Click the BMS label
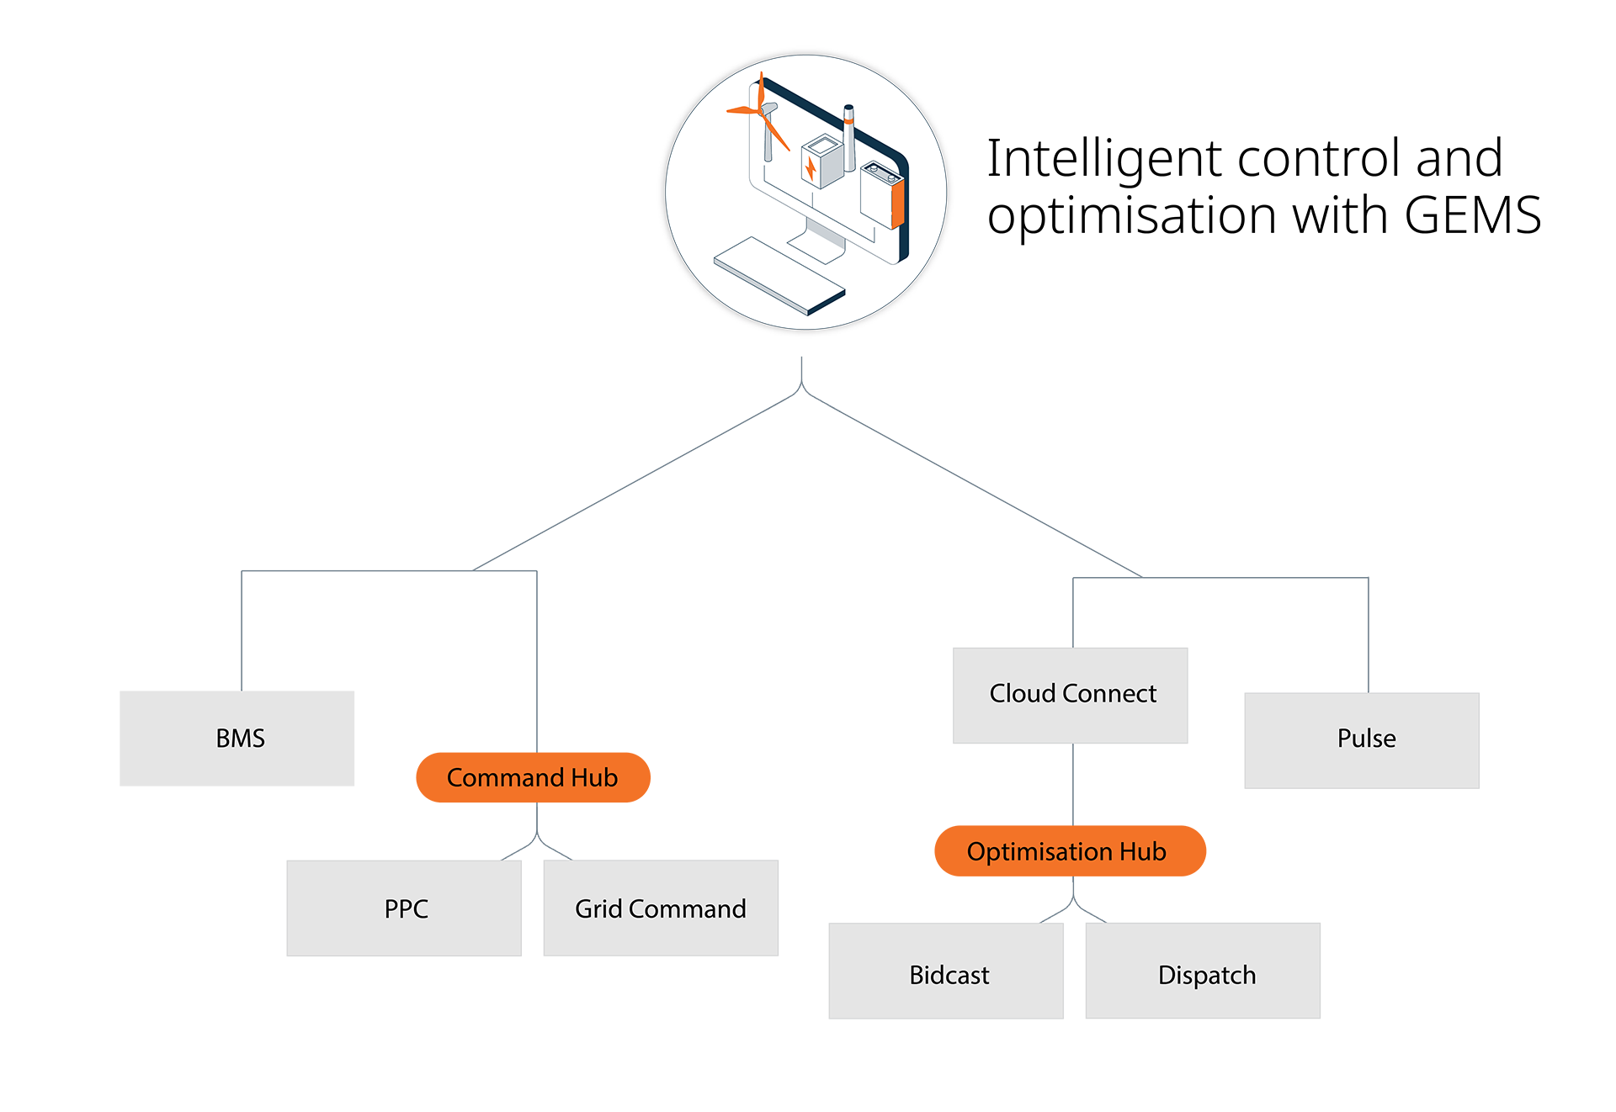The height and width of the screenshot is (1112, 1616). click(240, 738)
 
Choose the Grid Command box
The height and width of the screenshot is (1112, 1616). click(661, 908)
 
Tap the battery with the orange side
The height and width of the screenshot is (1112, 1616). click(882, 195)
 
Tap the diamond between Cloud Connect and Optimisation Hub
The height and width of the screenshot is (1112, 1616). click(1073, 784)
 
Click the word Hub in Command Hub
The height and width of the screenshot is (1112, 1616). click(594, 778)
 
